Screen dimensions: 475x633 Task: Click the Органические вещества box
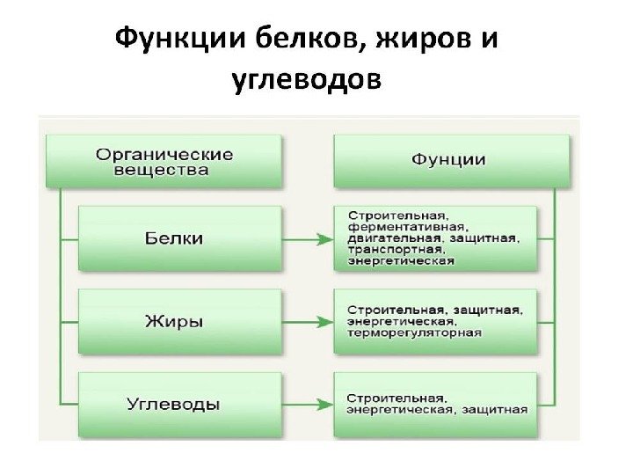164,161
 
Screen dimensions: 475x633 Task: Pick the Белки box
180,238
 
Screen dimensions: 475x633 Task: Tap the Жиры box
180,321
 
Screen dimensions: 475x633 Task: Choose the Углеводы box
180,405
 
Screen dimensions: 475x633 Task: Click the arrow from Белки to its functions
308,238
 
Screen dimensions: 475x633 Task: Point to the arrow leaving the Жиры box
308,322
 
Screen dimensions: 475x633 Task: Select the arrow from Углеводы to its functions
308,405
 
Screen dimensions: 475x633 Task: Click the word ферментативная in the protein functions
406,226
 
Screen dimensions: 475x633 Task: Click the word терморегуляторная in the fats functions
414,332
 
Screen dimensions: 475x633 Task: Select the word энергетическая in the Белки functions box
402,260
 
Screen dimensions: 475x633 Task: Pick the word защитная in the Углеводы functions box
501,408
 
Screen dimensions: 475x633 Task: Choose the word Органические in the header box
164,154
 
